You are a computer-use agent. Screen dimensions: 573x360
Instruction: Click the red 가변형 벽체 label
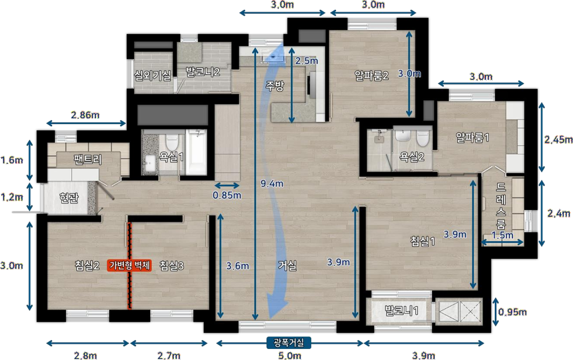[129, 266]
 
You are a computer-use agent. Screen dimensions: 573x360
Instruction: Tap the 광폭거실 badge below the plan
[289, 343]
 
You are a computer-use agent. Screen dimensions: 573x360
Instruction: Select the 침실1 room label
[422, 241]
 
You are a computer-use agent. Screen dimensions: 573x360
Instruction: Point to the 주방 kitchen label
[275, 86]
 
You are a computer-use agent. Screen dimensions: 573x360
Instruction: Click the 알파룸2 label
[371, 75]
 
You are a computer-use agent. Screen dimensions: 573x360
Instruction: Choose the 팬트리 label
[87, 160]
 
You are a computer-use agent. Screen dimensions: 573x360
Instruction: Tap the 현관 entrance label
[69, 198]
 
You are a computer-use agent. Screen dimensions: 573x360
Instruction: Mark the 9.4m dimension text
[272, 183]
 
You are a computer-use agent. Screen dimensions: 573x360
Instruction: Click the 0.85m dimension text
[227, 195]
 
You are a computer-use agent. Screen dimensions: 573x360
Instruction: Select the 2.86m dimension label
[85, 115]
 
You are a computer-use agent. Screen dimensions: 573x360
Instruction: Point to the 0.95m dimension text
[512, 312]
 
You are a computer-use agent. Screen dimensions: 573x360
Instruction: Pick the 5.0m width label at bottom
[290, 355]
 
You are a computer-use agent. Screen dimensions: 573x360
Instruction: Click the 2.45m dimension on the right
[559, 140]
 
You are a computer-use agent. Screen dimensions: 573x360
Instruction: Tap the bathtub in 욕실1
[196, 152]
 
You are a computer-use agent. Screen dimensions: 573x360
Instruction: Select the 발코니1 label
[402, 311]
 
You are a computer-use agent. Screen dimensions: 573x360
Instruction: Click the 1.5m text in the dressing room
[502, 235]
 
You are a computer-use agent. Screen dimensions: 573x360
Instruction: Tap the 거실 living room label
[287, 266]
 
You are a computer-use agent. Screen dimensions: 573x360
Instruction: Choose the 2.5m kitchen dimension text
[306, 61]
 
